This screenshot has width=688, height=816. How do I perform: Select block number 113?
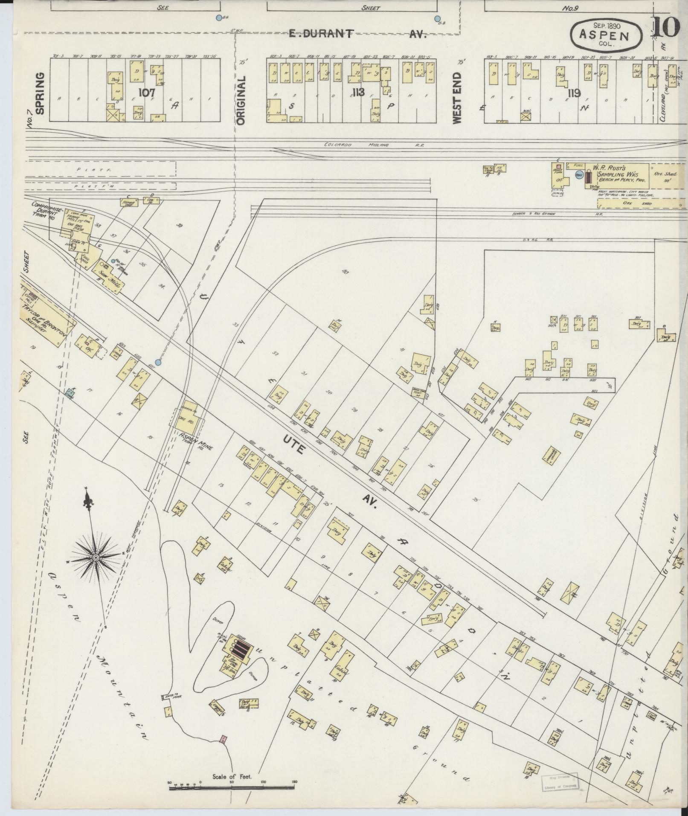click(358, 92)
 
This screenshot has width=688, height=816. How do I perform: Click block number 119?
click(574, 93)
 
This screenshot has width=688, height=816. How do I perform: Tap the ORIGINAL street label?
click(241, 101)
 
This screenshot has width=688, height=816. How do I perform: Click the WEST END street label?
click(457, 104)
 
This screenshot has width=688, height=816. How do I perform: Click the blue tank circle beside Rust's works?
click(579, 175)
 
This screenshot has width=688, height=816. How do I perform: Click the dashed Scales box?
click(559, 193)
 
